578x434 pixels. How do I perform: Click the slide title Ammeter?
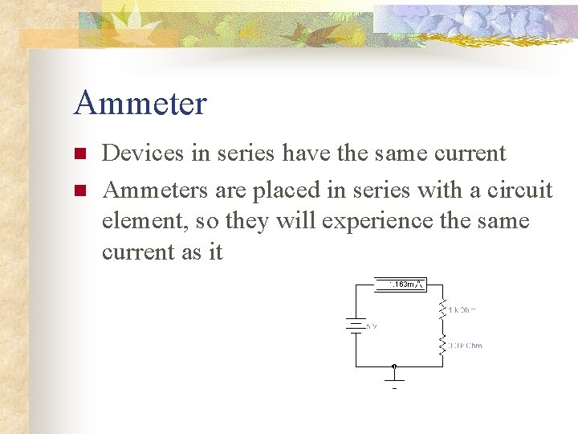(140, 104)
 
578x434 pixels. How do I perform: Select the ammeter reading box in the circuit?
(400, 284)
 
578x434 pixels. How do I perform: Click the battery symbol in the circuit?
(355, 325)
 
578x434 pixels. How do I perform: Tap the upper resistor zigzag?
(442, 308)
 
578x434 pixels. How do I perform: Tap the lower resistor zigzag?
(442, 346)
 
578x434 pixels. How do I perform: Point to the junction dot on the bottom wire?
(394, 366)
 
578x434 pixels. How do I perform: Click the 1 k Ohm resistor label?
(463, 309)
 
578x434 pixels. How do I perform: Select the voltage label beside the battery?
(371, 326)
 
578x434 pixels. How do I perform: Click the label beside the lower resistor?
(465, 346)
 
